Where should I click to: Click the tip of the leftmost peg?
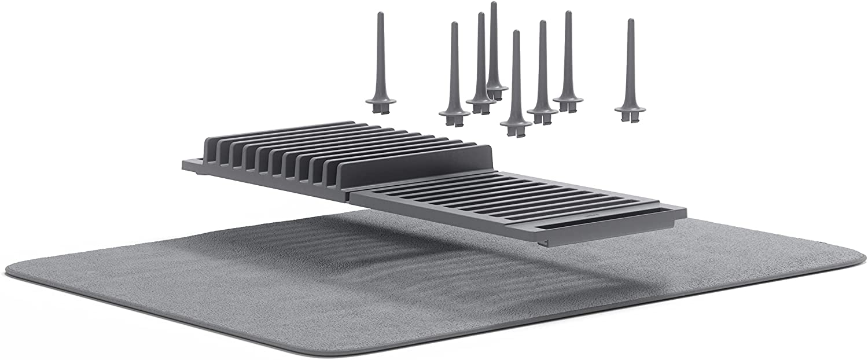(x=381, y=14)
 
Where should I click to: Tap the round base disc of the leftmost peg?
(x=381, y=102)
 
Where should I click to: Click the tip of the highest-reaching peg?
(x=494, y=4)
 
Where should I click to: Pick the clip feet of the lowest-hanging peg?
(x=515, y=132)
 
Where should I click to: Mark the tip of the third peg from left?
(x=481, y=14)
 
